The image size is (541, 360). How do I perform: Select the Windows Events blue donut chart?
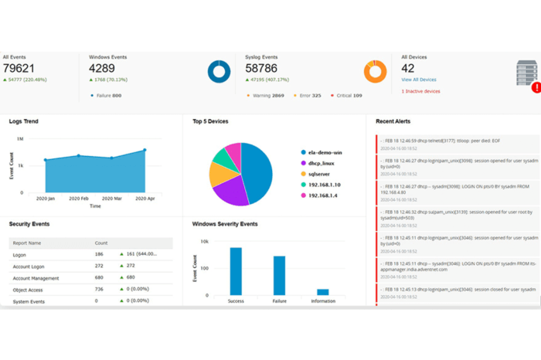[219, 72]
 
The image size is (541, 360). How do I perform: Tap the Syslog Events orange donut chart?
[375, 72]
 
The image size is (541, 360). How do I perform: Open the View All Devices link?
[418, 80]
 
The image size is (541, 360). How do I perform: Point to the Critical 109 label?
[349, 95]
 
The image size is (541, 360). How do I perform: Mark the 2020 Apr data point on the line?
[145, 151]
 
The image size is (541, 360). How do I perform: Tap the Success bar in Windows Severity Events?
[236, 271]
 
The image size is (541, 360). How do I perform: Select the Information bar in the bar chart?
[323, 292]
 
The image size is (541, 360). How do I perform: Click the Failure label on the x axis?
[279, 301]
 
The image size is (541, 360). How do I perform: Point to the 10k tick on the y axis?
[204, 242]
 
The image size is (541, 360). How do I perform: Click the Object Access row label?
[29, 288]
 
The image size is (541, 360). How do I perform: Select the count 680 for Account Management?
[99, 277]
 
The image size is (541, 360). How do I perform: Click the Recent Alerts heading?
[393, 121]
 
